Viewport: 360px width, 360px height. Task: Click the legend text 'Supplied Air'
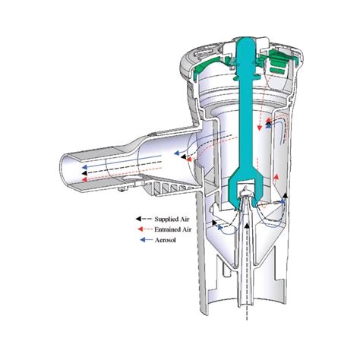coord(172,219)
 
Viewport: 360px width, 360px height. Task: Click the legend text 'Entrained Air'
coord(173,229)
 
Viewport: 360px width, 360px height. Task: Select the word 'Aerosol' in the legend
coord(165,240)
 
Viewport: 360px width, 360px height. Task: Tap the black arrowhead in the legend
coord(138,219)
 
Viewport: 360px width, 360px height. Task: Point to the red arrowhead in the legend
coord(140,229)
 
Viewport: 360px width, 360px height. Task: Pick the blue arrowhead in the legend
coord(143,239)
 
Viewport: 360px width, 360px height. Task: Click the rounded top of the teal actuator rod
coord(245,43)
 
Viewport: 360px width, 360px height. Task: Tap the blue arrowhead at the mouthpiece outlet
coord(84,167)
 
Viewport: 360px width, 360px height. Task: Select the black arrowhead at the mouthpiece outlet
coord(84,173)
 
